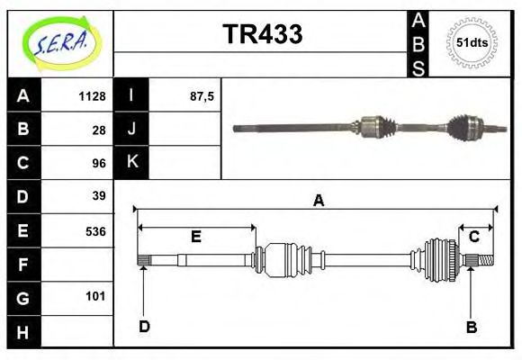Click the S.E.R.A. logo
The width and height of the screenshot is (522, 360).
tap(60, 43)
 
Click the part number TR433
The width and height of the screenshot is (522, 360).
tap(262, 34)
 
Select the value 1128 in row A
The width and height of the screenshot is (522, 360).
tap(93, 96)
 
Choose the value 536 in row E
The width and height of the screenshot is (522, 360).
tap(95, 230)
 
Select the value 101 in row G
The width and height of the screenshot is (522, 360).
tap(95, 296)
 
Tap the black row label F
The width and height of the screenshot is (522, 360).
tap(23, 264)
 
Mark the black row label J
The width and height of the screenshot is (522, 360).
tap(131, 129)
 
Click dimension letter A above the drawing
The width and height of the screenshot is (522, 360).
tap(318, 201)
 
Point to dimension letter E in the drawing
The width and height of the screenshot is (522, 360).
tap(195, 237)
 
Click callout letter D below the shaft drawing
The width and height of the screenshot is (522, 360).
tap(144, 327)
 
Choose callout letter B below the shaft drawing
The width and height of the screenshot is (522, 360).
tap(471, 327)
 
